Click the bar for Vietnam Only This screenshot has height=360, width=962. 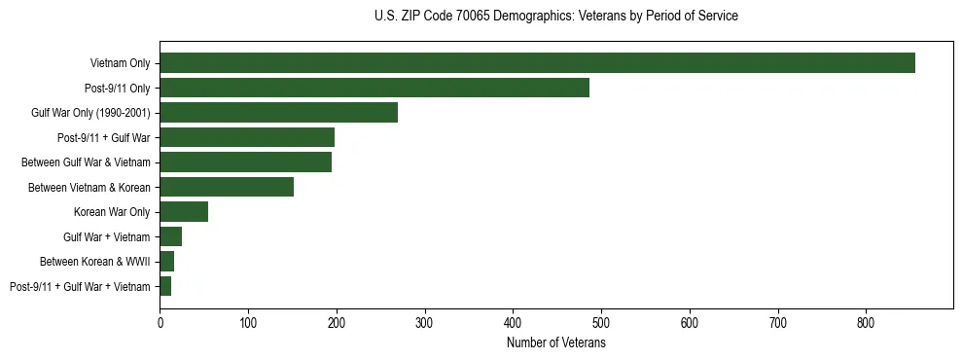(x=537, y=63)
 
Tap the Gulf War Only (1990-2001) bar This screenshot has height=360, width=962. (x=278, y=113)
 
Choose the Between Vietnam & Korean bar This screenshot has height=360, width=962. (x=227, y=187)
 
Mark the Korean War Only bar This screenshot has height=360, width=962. (x=184, y=212)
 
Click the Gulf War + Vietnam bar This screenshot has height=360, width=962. (x=171, y=236)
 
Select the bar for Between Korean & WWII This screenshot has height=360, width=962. (x=167, y=262)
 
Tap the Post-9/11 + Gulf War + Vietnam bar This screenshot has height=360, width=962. (x=165, y=286)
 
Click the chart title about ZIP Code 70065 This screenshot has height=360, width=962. (x=556, y=17)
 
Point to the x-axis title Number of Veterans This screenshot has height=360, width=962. (x=556, y=343)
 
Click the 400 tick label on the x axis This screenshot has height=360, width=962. (x=514, y=321)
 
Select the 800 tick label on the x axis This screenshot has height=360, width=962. (x=867, y=321)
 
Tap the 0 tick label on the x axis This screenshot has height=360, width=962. (x=160, y=321)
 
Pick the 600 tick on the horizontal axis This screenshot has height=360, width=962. (x=690, y=321)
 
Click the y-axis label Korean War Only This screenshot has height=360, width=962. (x=112, y=212)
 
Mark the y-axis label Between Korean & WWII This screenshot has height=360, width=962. (x=94, y=262)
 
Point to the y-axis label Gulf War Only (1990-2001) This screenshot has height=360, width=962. (x=90, y=113)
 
